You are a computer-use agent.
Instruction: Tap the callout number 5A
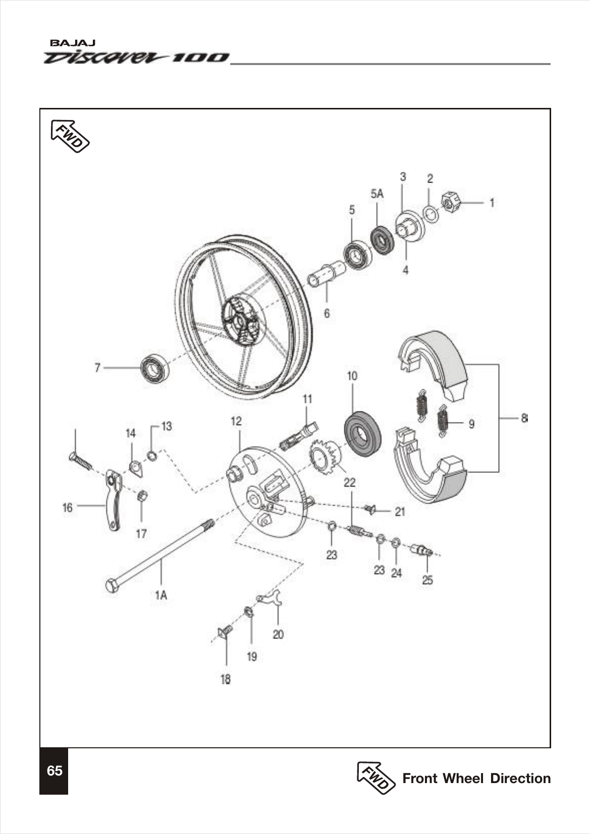[x=377, y=194]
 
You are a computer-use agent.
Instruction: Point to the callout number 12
[x=236, y=421]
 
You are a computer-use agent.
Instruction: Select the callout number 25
[x=427, y=580]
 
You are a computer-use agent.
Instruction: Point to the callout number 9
[x=471, y=424]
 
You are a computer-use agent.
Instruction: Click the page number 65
[x=54, y=770]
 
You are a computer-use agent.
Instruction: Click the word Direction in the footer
[x=520, y=778]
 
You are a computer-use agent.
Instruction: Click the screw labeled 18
[x=225, y=631]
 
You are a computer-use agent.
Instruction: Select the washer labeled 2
[x=431, y=214]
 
